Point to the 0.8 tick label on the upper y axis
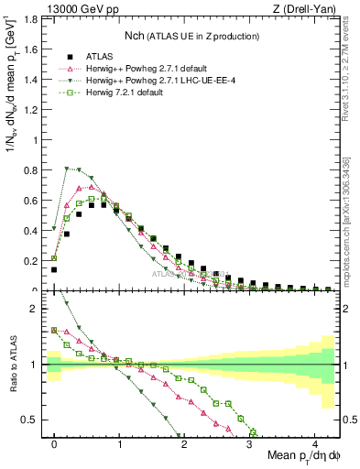[x=31, y=169]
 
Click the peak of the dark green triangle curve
[x=67, y=168]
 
